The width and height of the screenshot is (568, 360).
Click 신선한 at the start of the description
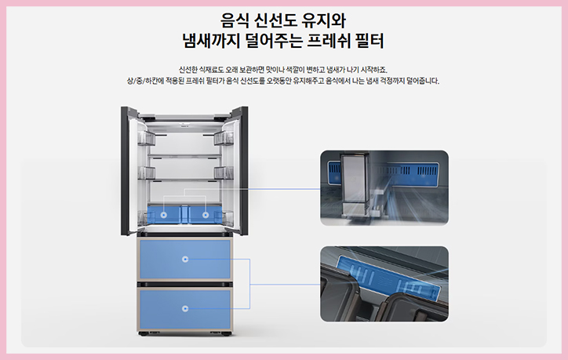[191, 69]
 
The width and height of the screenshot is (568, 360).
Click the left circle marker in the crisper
[162, 213]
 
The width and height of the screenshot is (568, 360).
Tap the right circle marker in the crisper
[206, 213]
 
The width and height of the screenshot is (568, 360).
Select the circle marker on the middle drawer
[185, 258]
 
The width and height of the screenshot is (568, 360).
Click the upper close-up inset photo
[384, 187]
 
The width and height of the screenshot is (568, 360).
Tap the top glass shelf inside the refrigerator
[184, 155]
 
